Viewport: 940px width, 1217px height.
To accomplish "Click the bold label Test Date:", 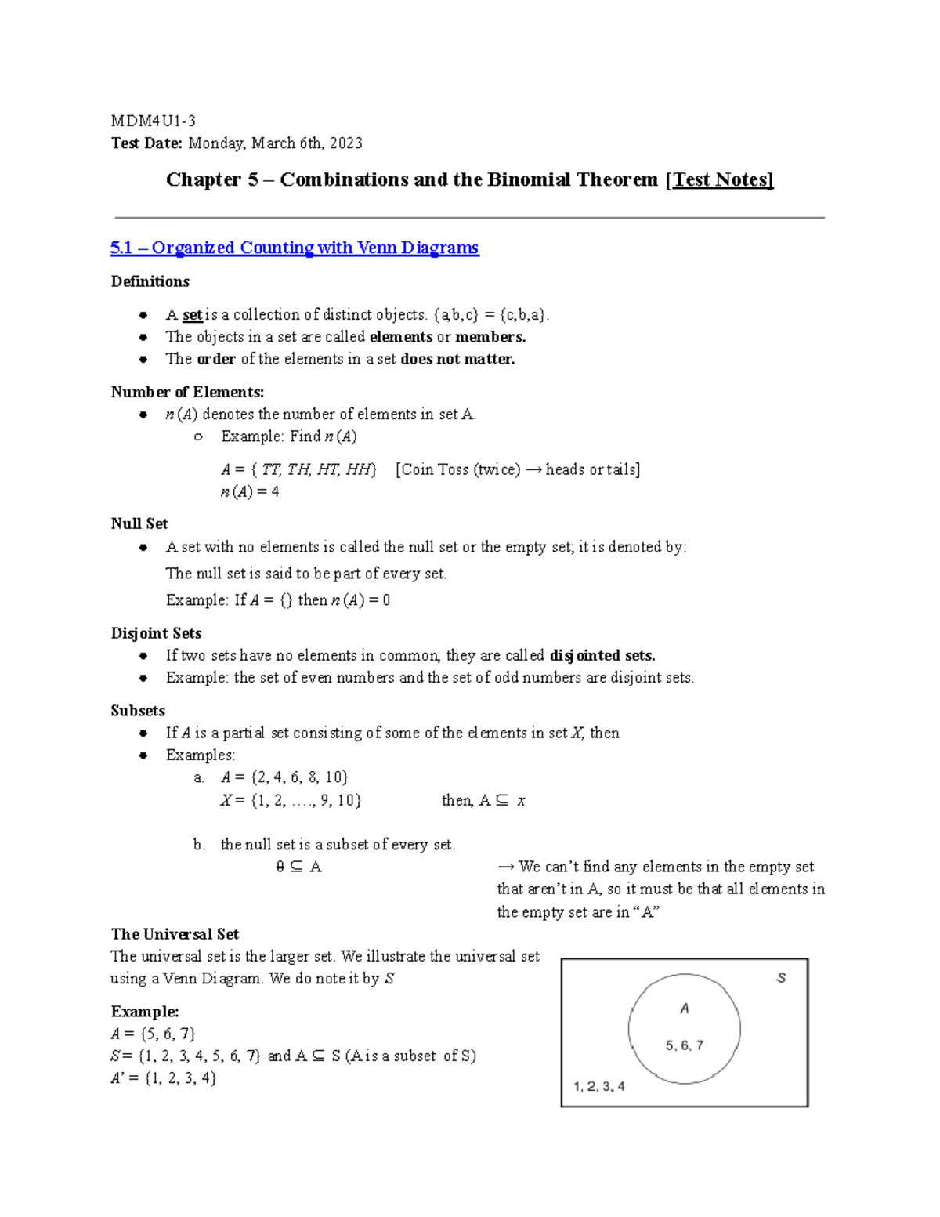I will [146, 143].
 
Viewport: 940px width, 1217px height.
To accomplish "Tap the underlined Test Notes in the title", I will [720, 179].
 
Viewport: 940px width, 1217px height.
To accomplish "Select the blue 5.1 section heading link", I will [295, 248].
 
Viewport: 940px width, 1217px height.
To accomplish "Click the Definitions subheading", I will [150, 281].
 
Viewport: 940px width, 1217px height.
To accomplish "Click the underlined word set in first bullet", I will [192, 315].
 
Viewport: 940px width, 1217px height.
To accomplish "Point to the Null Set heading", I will [139, 523].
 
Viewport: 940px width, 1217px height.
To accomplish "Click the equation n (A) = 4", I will [250, 492].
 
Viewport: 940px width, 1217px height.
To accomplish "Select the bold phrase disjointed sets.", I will [602, 655].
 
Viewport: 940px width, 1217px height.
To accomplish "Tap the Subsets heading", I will [138, 711].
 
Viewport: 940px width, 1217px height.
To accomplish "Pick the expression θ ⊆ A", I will [298, 867].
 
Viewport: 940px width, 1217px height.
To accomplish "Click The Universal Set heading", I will [175, 934].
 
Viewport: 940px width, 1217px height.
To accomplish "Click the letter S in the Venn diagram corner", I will [780, 978].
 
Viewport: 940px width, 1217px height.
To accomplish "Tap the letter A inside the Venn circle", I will [685, 1009].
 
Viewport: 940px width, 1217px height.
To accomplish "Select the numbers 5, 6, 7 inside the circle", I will [685, 1045].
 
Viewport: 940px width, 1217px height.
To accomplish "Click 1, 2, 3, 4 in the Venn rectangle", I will [598, 1086].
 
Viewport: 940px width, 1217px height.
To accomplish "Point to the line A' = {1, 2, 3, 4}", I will [164, 1078].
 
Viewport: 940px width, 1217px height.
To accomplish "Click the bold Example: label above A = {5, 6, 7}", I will [145, 1012].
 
